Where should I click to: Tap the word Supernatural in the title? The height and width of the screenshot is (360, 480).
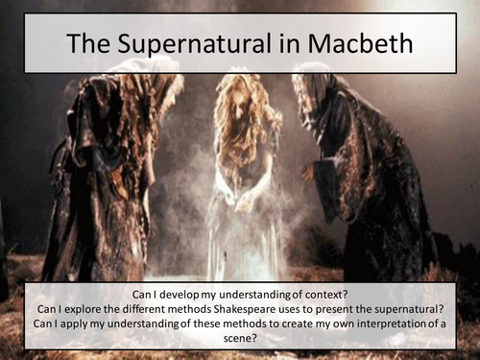click(x=223, y=44)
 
